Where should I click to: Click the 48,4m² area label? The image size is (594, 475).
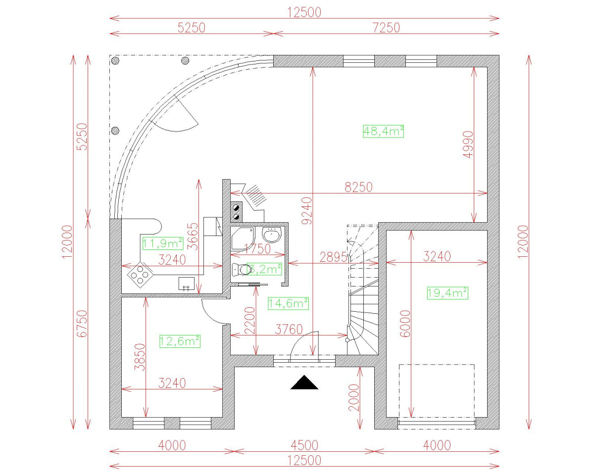coord(383,131)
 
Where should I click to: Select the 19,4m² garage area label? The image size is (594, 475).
coord(447,293)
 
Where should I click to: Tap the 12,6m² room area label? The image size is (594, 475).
coord(180,341)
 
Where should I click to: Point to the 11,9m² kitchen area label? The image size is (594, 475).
coord(163,243)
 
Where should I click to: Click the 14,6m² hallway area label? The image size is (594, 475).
coord(288,303)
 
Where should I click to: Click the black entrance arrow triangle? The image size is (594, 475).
coord(304,383)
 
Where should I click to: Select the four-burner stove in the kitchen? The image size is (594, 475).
coord(140,275)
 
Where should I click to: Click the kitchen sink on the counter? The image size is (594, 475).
coord(187,284)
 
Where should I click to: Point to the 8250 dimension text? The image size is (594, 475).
coord(359,187)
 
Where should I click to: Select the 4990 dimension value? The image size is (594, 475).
coord(468,144)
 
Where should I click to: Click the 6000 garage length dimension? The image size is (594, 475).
coord(405,324)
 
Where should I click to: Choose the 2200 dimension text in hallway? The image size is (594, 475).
coord(249,321)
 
